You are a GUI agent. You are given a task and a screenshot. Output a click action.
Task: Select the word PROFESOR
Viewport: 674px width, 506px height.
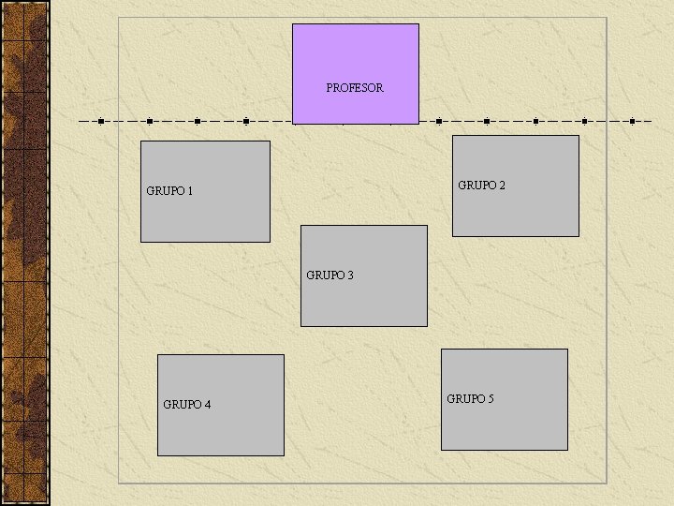(355, 88)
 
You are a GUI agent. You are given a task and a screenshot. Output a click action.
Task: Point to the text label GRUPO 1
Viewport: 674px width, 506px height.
(169, 191)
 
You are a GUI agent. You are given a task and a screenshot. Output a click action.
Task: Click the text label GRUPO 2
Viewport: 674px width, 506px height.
(481, 186)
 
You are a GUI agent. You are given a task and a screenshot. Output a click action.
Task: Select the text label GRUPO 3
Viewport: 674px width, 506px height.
(330, 275)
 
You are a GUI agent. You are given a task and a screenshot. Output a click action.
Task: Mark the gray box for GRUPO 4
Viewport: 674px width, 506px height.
(220, 431)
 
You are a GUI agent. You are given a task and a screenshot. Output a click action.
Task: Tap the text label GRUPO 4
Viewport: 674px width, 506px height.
(186, 405)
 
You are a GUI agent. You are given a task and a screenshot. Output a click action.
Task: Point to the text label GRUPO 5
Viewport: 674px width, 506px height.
(470, 399)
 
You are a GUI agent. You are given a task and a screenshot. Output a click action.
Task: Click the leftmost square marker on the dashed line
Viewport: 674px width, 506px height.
(101, 121)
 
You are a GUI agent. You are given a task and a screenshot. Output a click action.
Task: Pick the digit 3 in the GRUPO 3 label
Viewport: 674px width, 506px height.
(350, 275)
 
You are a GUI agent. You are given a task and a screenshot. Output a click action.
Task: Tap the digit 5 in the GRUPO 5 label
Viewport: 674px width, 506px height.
(491, 399)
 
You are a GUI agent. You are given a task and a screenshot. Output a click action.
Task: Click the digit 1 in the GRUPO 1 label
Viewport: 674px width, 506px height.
(190, 191)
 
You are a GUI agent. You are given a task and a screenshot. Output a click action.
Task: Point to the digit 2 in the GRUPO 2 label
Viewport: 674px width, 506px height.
(502, 186)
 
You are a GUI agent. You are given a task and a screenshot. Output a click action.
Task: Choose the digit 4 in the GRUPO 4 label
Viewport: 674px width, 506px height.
(207, 405)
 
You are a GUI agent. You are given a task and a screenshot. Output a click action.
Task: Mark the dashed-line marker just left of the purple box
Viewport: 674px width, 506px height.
(245, 121)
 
